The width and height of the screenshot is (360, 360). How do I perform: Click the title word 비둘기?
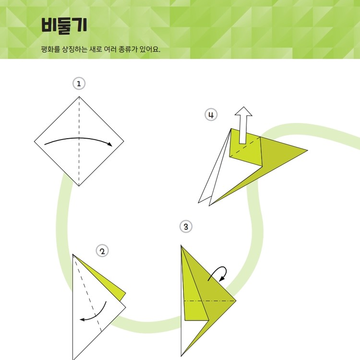tap(64, 25)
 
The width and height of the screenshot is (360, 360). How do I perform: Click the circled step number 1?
tap(79, 84)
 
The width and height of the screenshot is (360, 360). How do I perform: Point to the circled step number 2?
tap(102, 251)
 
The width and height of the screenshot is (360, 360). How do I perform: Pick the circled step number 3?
tap(186, 227)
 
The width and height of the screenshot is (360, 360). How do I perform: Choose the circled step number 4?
tap(211, 115)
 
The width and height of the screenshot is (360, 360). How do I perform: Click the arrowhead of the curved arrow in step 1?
tap(110, 144)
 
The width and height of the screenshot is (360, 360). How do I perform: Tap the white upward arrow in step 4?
tap(243, 125)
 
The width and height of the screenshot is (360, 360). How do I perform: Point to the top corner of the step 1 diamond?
tap(79, 96)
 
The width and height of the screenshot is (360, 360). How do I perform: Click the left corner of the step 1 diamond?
tap(35, 142)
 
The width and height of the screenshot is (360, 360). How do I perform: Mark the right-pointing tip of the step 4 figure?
tap(307, 151)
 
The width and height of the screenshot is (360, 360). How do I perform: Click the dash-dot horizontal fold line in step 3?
tap(210, 300)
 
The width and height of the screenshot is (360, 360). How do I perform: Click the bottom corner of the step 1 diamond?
tap(79, 186)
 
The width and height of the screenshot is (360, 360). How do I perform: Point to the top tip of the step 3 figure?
tap(181, 245)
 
